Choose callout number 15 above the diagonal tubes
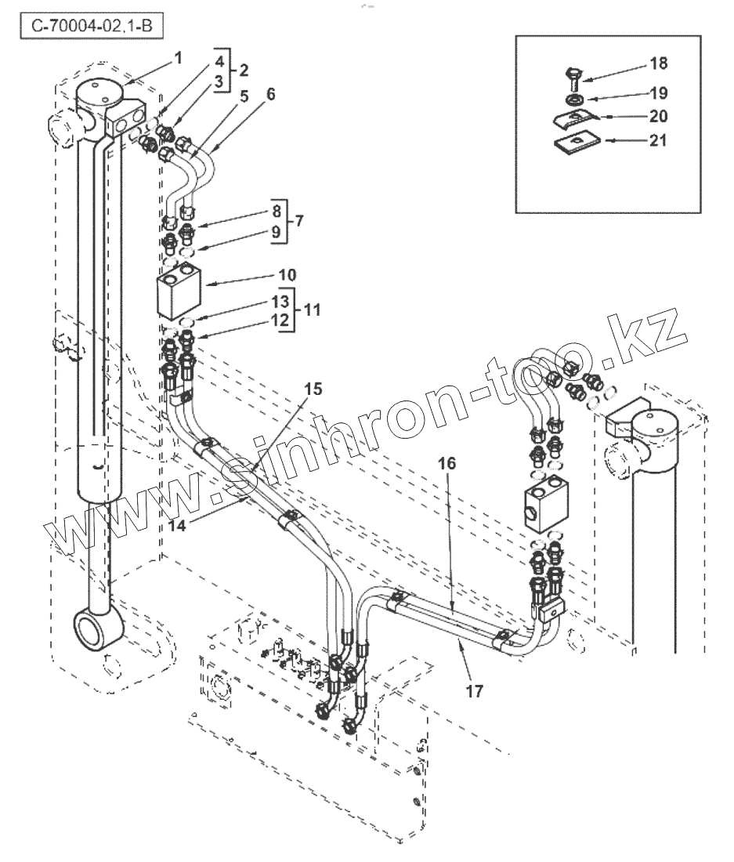[313, 389]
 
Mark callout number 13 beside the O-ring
[280, 302]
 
